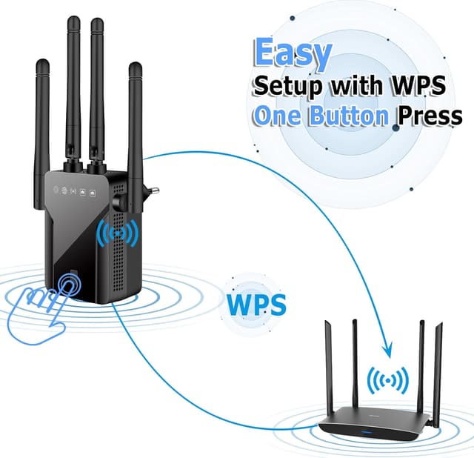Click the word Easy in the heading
point(293,53)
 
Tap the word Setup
point(289,86)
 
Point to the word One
point(278,116)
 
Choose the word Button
point(349,116)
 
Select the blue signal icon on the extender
point(117,234)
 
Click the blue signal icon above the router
point(387,382)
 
